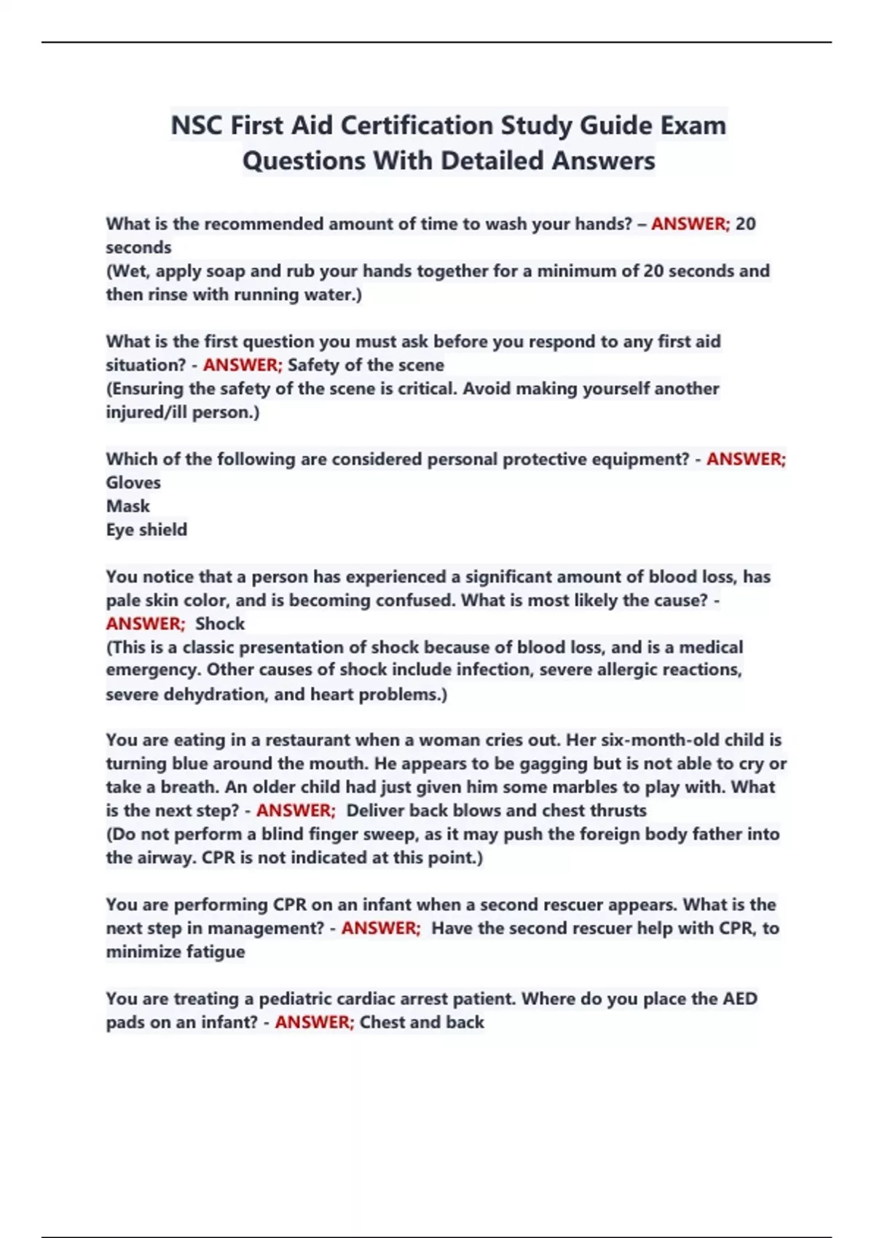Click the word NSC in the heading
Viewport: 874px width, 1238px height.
click(x=197, y=126)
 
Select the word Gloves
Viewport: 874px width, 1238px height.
click(x=133, y=483)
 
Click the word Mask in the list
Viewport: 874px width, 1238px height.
click(x=127, y=506)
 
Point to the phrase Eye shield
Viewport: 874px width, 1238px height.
click(x=146, y=529)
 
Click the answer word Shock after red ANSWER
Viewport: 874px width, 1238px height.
click(x=220, y=624)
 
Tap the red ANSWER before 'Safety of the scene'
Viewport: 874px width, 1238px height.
click(x=242, y=365)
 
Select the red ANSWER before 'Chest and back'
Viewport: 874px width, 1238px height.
click(x=314, y=1022)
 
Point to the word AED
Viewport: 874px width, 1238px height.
click(x=739, y=999)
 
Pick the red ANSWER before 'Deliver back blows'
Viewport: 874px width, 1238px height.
click(x=295, y=811)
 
